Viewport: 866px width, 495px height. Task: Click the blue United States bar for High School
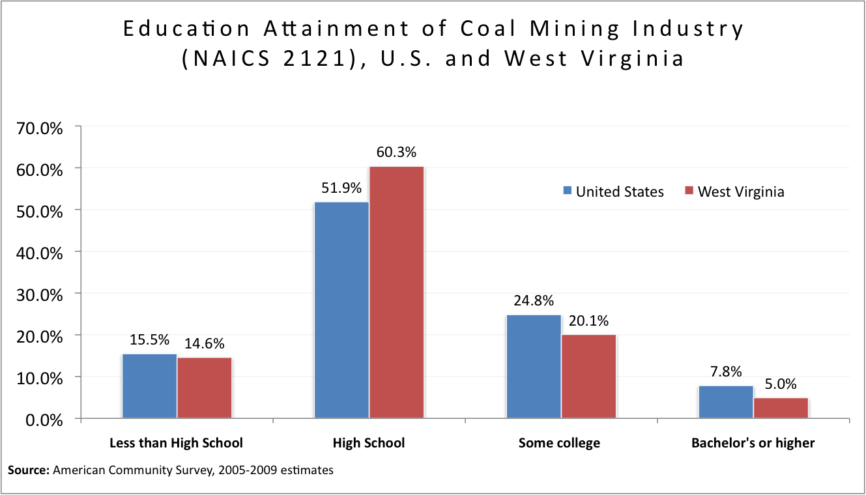(341, 310)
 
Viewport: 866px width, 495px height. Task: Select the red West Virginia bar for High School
(396, 292)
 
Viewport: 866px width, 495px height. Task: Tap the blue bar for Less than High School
(149, 386)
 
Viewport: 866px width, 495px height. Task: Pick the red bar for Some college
(588, 376)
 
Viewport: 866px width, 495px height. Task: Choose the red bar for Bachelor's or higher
(781, 408)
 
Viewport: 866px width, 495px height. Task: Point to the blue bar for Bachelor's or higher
(726, 402)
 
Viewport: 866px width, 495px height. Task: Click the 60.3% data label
(396, 152)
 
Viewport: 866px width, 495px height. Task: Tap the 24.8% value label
(534, 301)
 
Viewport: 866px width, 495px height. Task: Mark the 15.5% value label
(149, 339)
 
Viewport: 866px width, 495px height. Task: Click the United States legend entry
(613, 191)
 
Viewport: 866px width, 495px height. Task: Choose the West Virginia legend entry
(734, 191)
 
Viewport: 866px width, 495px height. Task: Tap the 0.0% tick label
(45, 420)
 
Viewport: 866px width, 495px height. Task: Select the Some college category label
(559, 443)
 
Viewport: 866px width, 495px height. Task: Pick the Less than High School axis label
(176, 443)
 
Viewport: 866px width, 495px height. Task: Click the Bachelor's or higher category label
(753, 443)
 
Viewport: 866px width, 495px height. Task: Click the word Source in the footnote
(28, 470)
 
